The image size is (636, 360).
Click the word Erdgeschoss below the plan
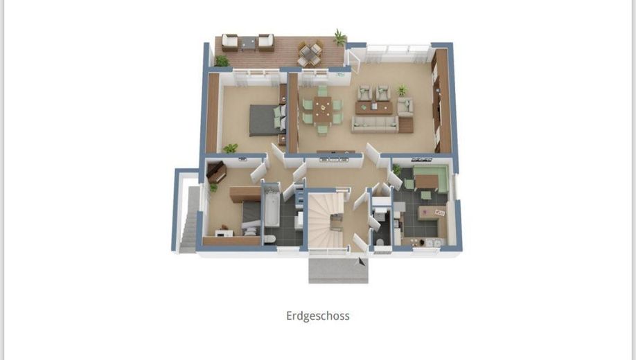[317, 316]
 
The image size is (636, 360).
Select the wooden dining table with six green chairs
[322, 109]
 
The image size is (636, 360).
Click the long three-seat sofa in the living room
[374, 125]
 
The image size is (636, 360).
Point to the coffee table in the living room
[373, 107]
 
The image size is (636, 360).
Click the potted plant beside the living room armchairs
[402, 89]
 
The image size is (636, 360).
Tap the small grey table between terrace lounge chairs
[248, 43]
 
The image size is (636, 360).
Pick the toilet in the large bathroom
[270, 238]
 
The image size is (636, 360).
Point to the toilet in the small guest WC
[380, 242]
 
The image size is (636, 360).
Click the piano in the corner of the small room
[216, 172]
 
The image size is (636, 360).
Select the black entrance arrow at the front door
[360, 262]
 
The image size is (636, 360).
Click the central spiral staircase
[326, 220]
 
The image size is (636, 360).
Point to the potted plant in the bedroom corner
[230, 148]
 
